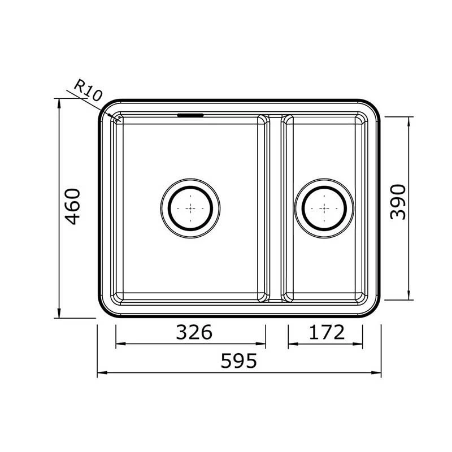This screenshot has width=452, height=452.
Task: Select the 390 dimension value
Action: (x=399, y=202)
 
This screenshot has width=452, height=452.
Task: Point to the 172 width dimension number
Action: (x=327, y=332)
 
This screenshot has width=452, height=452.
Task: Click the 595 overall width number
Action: (x=238, y=360)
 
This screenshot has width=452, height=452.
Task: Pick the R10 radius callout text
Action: (x=88, y=90)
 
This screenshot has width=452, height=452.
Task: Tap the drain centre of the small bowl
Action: (x=325, y=207)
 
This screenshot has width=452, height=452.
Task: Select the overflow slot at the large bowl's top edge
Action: (x=190, y=115)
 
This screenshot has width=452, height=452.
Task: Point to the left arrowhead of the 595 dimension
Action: (x=100, y=373)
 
